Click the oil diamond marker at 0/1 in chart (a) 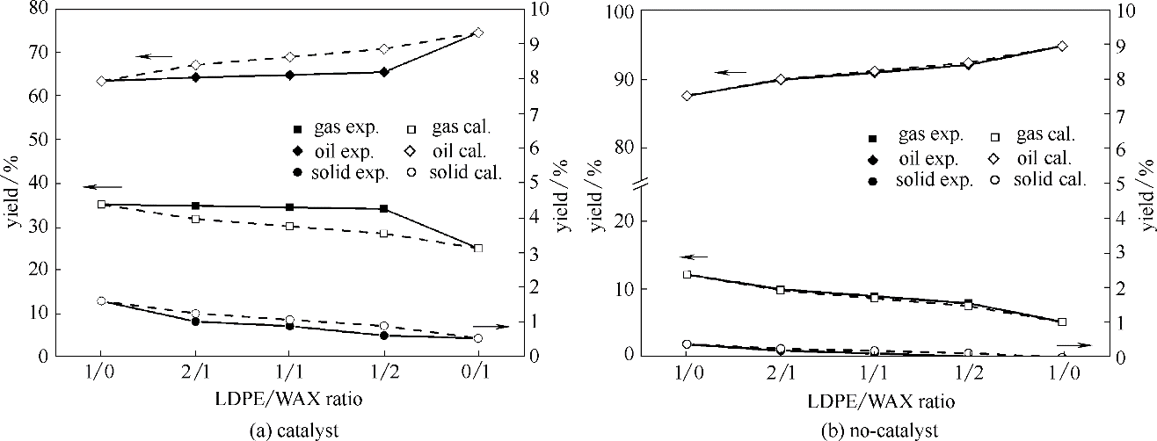(478, 33)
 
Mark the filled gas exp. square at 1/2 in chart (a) (383, 208)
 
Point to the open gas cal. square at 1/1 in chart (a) (289, 226)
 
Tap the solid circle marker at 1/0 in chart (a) (101, 301)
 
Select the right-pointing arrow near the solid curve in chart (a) (491, 326)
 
